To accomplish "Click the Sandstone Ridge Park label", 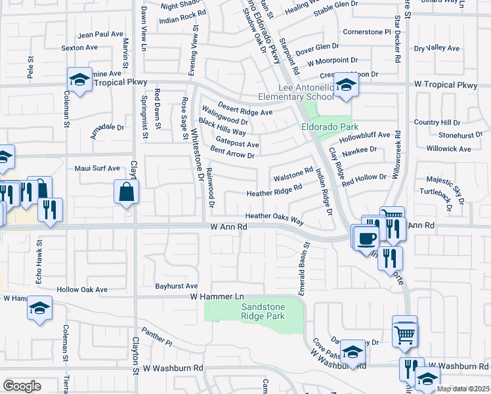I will click(253, 311).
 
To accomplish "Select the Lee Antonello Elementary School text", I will click(306, 92).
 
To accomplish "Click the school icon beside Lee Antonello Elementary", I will click(345, 84).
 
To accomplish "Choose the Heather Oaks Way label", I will click(274, 217).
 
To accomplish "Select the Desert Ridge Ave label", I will click(245, 112).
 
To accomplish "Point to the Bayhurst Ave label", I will click(176, 286).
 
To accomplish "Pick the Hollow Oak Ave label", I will click(81, 290).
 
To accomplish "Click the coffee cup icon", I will click(367, 237).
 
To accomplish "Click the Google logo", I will click(22, 386).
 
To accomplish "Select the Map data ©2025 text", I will click(463, 389).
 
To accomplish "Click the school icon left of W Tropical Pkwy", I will click(79, 81).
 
